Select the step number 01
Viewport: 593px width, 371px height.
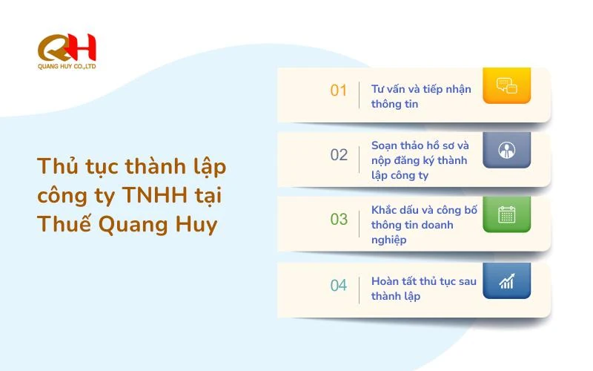click(339, 91)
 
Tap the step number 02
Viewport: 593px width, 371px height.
click(339, 155)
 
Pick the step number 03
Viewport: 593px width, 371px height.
click(339, 220)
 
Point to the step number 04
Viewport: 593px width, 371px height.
click(339, 285)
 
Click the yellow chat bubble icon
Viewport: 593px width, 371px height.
click(506, 85)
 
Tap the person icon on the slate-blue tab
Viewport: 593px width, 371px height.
click(506, 150)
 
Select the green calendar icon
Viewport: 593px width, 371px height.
click(506, 215)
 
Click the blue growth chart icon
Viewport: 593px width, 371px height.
click(506, 280)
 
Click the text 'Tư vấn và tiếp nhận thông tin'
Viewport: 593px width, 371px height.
click(420, 96)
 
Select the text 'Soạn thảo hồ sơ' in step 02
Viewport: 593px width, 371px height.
click(412, 145)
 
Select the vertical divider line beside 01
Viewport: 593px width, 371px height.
click(360, 96)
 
